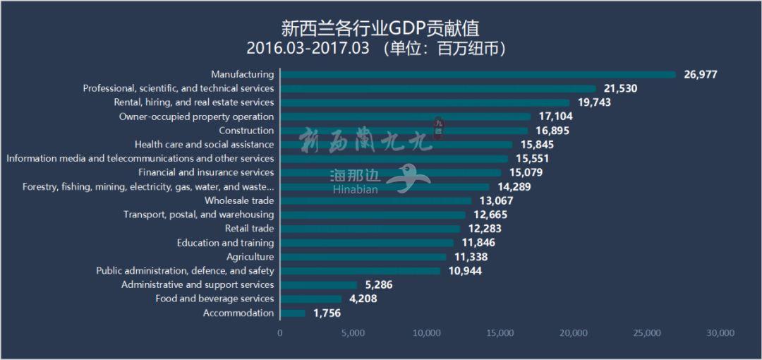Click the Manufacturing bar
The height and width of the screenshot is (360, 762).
478,74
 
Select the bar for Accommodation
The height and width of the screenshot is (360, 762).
293,313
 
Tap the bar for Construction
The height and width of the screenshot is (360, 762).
404,131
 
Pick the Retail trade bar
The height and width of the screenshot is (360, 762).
370,229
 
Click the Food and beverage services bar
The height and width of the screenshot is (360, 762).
310,299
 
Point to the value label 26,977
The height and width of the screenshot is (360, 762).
700,74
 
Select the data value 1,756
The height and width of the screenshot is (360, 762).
327,313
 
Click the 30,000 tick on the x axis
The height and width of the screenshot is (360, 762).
720,333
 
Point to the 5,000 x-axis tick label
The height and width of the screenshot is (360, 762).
353,333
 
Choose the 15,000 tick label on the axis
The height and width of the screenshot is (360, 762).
500,333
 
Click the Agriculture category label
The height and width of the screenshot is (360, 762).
250,257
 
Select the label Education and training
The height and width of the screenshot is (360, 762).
225,243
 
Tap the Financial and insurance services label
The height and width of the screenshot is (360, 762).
206,172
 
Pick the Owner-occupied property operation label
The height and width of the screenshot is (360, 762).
196,116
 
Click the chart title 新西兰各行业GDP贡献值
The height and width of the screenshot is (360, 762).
380,28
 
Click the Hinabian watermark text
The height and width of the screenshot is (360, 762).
354,189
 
